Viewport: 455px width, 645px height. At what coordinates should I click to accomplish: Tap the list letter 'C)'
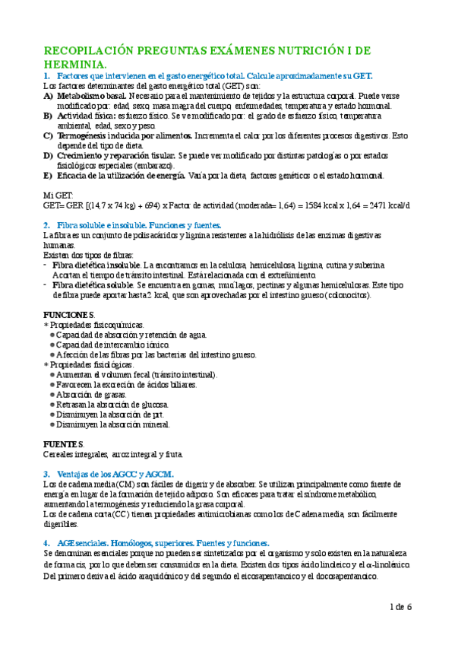click(48, 135)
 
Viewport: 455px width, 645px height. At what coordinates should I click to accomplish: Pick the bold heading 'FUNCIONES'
click(68, 315)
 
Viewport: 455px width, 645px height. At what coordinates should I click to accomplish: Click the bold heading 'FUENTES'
click(63, 444)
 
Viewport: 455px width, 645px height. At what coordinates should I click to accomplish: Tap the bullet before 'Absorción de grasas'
click(51, 395)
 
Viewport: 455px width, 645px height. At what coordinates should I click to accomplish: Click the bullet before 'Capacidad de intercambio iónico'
click(51, 345)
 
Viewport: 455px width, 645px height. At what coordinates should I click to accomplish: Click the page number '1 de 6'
click(400, 607)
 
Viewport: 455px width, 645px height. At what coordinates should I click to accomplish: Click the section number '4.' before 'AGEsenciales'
click(47, 543)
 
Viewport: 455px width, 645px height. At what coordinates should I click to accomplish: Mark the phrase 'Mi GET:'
click(58, 195)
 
